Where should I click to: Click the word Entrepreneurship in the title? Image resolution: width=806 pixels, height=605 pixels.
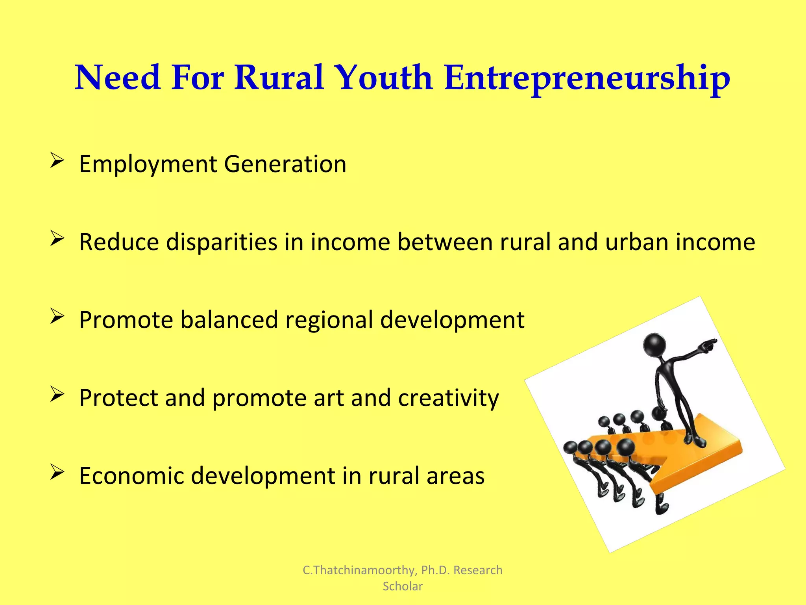click(x=587, y=78)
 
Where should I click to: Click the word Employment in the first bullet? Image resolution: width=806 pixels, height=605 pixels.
click(x=148, y=164)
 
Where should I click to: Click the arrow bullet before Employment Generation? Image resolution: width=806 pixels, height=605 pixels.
click(x=57, y=161)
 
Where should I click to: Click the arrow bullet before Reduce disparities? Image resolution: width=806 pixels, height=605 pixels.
click(x=57, y=239)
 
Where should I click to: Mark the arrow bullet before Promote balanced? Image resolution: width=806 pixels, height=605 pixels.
click(x=57, y=317)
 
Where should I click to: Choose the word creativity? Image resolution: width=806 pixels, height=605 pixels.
click(x=448, y=398)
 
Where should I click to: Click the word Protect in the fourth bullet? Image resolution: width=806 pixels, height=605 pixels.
click(x=118, y=397)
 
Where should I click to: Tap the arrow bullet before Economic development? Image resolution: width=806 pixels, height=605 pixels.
click(x=57, y=472)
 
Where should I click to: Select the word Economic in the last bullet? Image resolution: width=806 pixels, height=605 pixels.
click(x=131, y=475)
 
